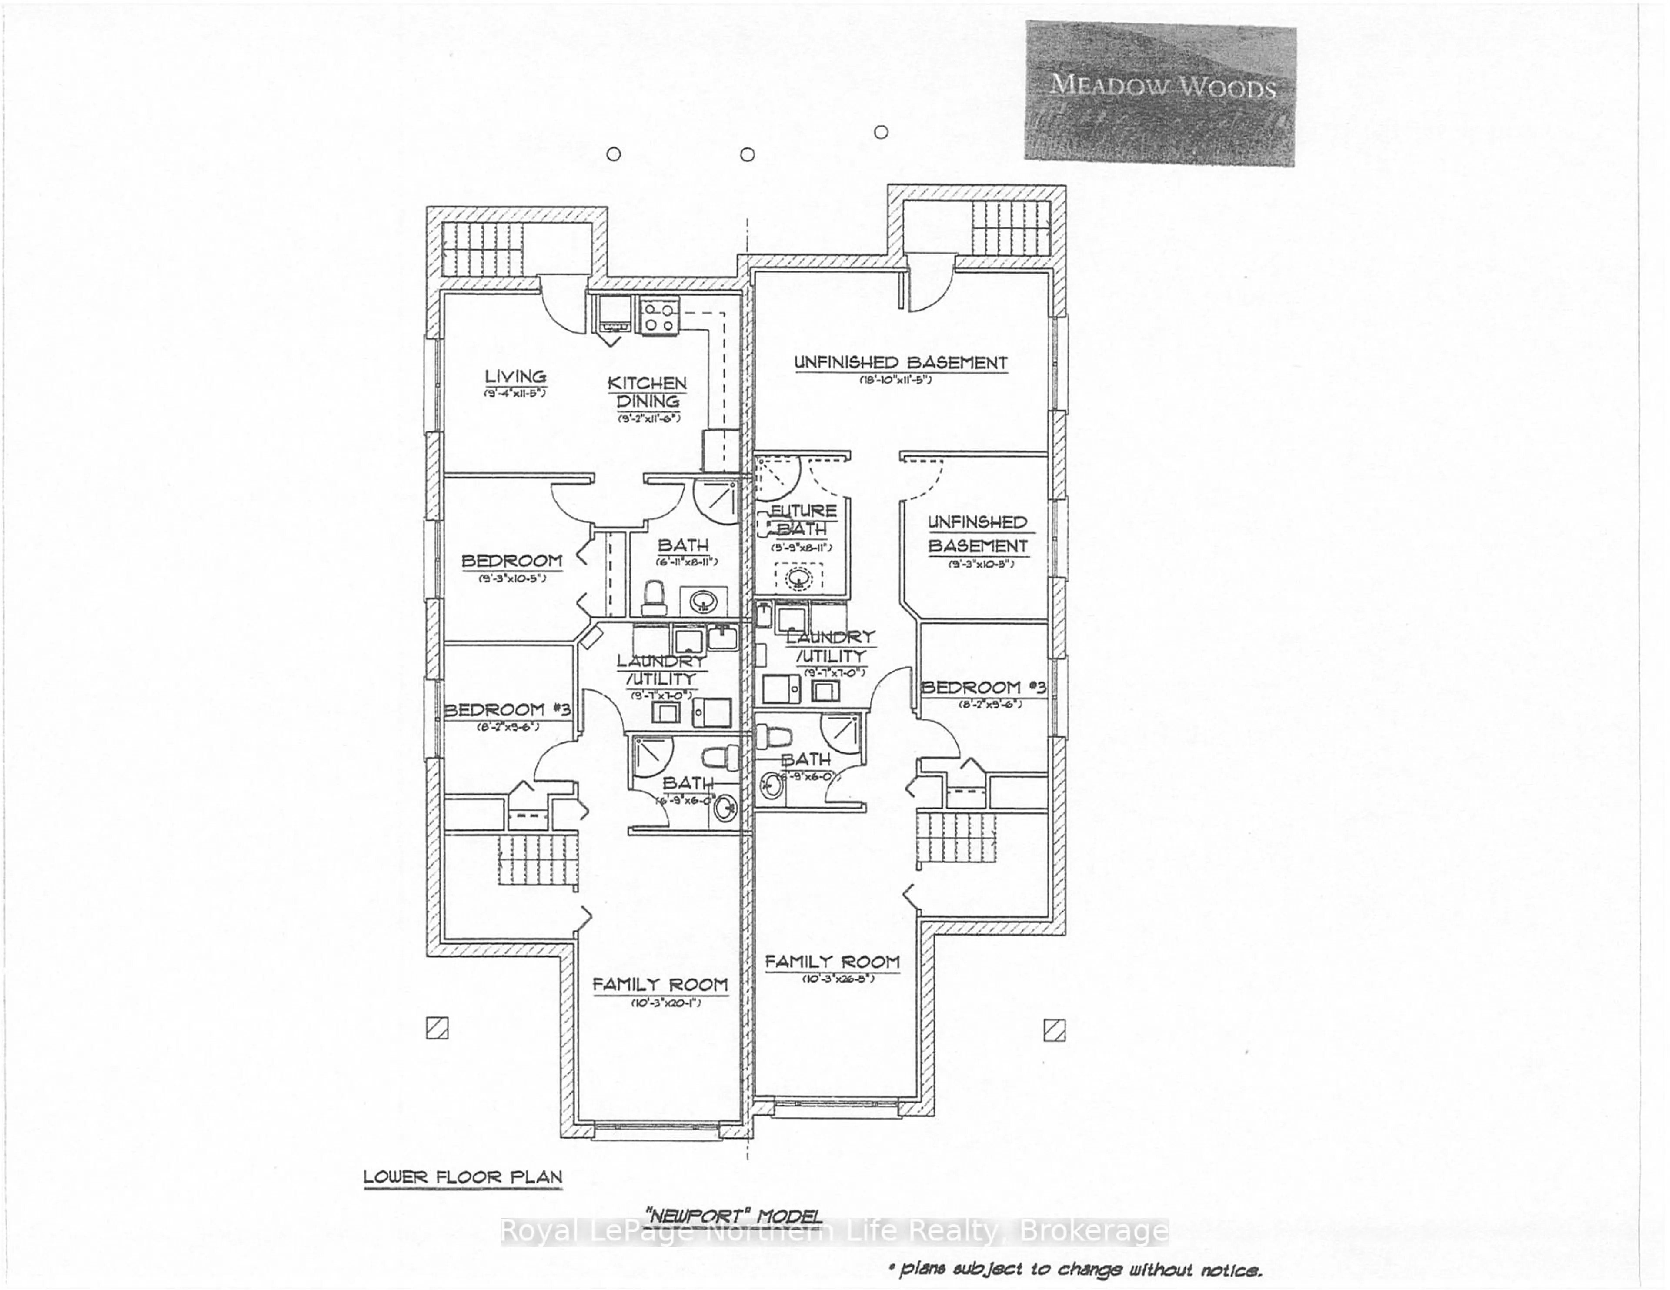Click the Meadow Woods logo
click(1160, 94)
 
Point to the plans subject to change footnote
click(1074, 1270)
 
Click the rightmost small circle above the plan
click(881, 132)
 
